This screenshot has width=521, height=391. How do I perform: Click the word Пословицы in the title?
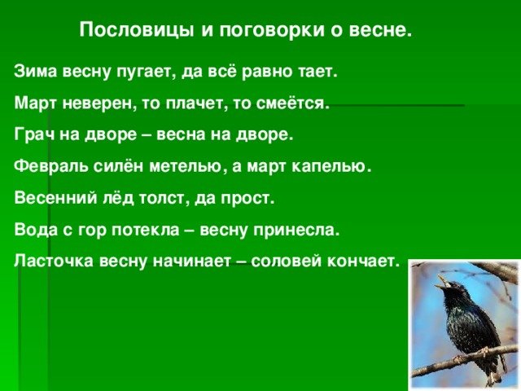(x=137, y=30)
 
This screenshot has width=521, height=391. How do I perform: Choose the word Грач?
(x=35, y=134)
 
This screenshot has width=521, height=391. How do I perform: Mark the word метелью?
(x=186, y=166)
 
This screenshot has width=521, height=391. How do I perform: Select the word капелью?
(x=331, y=166)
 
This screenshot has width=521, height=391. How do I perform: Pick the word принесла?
(x=296, y=230)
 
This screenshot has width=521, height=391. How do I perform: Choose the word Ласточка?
(x=54, y=261)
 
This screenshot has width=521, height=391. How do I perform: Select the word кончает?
(x=362, y=261)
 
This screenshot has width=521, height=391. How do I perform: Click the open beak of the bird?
(x=442, y=281)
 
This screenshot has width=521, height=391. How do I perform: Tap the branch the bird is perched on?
(x=465, y=360)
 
